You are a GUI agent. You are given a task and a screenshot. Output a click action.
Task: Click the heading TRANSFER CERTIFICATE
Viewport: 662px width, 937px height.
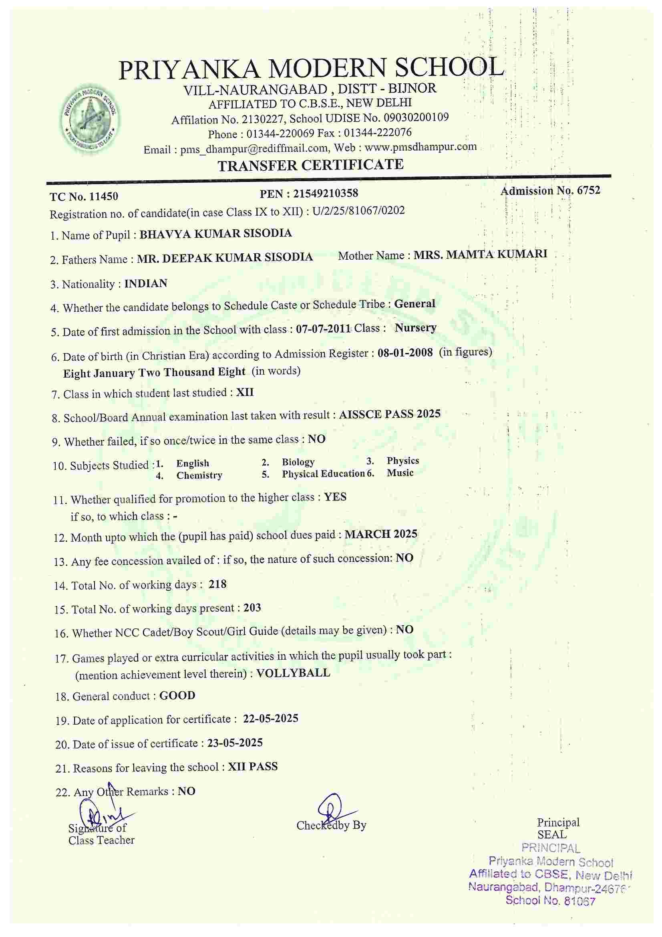[310, 165]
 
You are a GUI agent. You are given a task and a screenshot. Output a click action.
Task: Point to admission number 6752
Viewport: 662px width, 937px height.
[588, 191]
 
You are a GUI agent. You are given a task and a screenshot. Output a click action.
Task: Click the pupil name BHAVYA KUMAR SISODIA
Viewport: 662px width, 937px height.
[215, 234]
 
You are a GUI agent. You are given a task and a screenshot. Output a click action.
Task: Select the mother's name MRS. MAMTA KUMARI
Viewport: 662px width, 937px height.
[480, 254]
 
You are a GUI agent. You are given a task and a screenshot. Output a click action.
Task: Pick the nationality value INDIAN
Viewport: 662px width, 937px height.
[146, 283]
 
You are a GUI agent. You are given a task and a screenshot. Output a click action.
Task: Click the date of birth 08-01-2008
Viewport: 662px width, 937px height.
[404, 353]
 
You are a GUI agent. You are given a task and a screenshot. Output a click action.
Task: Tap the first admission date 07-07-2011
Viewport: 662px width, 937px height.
[323, 329]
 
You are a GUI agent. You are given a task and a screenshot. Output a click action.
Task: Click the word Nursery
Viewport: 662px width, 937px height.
[415, 328]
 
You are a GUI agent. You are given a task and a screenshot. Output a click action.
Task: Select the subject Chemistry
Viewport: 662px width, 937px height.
[199, 475]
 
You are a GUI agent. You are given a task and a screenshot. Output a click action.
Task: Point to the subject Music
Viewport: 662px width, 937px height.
[400, 473]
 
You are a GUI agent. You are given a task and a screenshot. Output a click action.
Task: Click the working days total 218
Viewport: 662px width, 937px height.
[217, 584]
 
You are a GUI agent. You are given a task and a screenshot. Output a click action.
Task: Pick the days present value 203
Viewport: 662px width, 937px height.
[252, 608]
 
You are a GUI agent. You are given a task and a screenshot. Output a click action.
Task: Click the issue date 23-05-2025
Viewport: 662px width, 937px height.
[235, 743]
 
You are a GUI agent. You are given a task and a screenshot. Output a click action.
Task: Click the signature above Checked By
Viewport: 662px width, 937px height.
[332, 809]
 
